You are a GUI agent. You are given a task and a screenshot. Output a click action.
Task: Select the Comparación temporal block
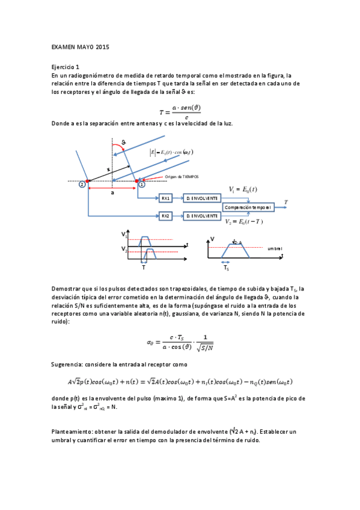[248, 207]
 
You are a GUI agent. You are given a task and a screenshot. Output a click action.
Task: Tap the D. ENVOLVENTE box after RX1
[201, 198]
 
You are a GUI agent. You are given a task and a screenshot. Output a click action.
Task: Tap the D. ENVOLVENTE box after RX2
[201, 215]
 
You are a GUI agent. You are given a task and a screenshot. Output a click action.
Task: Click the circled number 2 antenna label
[82, 185]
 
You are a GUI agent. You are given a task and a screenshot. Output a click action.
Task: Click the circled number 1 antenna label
[142, 185]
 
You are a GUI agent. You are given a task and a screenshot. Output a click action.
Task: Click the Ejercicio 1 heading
[65, 67]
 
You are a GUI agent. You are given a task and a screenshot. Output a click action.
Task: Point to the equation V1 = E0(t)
[243, 189]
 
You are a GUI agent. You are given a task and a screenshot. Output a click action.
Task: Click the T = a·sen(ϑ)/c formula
[180, 111]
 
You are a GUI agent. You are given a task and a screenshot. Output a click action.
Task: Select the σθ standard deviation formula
[180, 343]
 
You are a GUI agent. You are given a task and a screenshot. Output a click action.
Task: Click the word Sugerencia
[68, 364]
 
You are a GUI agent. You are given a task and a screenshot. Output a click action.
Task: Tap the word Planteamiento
[73, 432]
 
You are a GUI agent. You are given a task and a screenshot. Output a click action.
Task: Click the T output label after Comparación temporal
[286, 201]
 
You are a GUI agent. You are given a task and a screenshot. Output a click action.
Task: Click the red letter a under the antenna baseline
[112, 194]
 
